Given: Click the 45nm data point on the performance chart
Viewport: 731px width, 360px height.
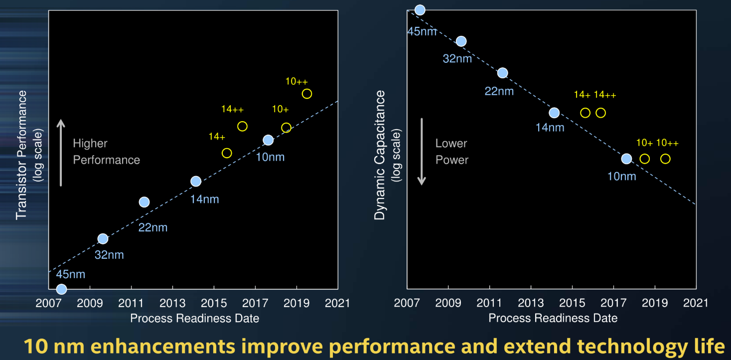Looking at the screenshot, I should (x=61, y=289).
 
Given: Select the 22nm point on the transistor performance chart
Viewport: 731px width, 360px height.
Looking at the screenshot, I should (x=144, y=202).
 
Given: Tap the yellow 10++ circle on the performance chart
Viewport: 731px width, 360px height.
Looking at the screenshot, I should (x=307, y=94).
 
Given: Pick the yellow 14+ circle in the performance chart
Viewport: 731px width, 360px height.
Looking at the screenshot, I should (x=227, y=153).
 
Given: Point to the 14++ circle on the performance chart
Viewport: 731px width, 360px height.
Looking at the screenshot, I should (x=242, y=126).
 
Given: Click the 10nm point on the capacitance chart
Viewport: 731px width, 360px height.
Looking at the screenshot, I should (x=626, y=159).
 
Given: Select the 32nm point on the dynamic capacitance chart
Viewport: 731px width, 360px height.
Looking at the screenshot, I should (x=461, y=41).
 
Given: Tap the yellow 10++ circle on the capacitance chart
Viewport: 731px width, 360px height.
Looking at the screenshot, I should (x=665, y=159).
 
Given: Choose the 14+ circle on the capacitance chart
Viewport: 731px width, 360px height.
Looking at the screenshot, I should (x=585, y=113).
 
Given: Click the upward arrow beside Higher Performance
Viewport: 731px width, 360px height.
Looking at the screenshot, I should (x=61, y=152).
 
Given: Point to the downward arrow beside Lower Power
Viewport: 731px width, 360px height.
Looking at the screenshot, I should (x=422, y=152).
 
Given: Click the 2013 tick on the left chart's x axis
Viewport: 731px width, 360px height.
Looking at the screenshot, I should (x=172, y=303).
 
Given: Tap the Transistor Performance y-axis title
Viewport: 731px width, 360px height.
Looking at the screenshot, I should (x=21, y=155).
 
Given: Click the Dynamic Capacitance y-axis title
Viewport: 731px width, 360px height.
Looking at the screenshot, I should (x=380, y=155).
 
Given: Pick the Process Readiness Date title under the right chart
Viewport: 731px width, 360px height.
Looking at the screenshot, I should (x=553, y=318).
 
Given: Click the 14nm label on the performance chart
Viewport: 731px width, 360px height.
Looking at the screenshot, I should (x=204, y=199).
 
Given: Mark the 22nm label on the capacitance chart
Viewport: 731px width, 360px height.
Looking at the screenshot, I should (x=499, y=91).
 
